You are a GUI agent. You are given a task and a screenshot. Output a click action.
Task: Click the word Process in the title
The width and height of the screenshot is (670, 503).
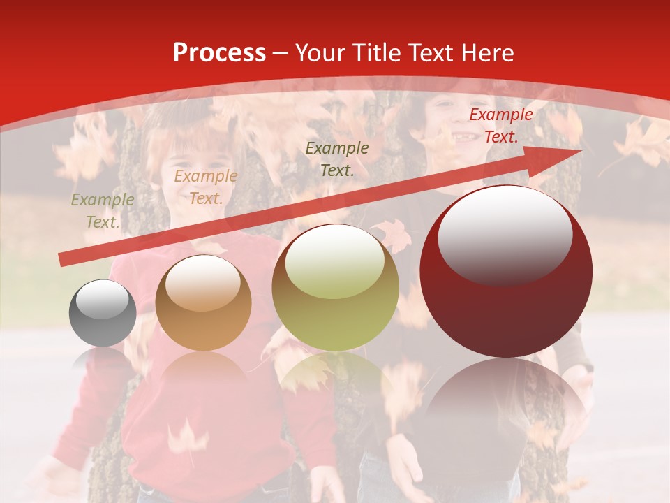[x=219, y=53]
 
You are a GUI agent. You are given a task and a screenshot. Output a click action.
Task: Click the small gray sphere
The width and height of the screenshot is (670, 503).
[x=103, y=313]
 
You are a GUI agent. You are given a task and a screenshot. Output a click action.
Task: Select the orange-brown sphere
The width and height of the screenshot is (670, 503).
[x=203, y=303]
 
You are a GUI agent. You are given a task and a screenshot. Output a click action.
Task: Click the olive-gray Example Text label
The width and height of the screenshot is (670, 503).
[x=103, y=211]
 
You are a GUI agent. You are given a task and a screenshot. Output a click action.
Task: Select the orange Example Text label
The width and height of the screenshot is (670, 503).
[x=205, y=187]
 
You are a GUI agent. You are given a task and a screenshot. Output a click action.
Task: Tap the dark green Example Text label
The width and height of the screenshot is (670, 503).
[x=337, y=159]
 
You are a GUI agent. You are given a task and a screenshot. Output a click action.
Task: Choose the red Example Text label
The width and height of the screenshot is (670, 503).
[x=500, y=126]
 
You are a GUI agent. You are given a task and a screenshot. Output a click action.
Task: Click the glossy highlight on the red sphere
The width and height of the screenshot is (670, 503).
[x=505, y=233]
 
